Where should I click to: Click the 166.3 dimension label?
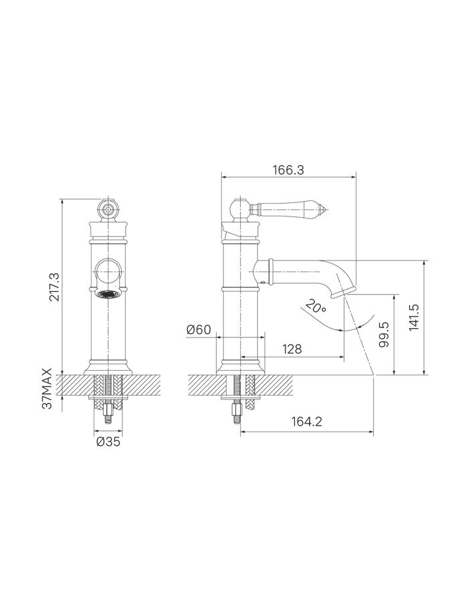point(288,170)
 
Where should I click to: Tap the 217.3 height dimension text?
point(55,287)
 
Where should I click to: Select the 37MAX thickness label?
point(47,388)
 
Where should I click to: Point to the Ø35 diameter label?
point(108,442)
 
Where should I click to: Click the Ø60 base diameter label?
point(199,330)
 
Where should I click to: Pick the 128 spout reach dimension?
point(291,349)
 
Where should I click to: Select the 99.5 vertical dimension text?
point(384,334)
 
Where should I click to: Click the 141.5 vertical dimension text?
point(414,317)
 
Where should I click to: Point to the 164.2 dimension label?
point(307,422)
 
